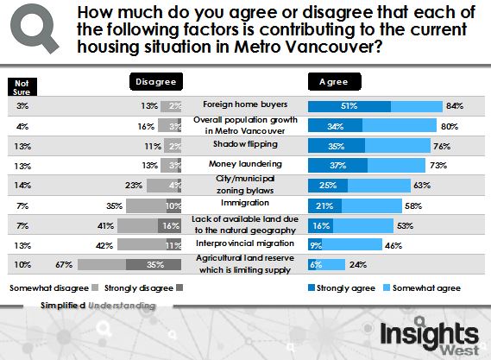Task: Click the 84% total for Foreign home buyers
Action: (455, 105)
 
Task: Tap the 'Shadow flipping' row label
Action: (244, 144)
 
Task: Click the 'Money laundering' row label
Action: (244, 163)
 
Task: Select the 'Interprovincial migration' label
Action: (244, 244)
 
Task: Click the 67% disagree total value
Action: (63, 264)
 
